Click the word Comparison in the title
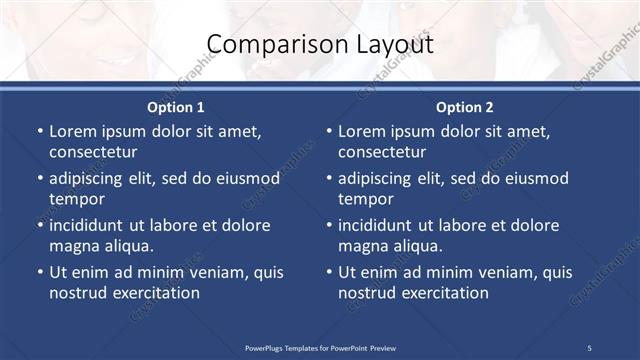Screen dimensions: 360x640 tap(265, 45)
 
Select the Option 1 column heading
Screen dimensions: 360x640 tap(176, 106)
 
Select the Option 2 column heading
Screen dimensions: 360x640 tap(464, 106)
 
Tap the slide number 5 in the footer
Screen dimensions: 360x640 tap(589, 347)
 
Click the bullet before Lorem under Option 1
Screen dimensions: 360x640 tap(38, 131)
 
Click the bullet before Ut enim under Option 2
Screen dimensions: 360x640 tap(327, 272)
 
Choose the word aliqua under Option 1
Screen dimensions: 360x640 tap(126, 246)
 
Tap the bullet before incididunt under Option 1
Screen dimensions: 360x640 tap(38, 225)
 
